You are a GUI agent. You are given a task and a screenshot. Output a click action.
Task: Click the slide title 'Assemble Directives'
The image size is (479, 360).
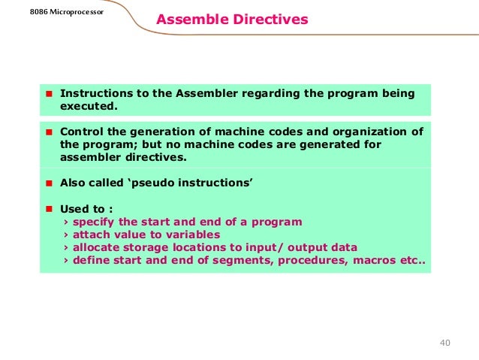pos(232,20)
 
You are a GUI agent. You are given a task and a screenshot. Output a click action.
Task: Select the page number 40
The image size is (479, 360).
pos(444,343)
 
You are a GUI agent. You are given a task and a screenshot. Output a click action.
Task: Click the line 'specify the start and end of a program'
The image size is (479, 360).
pos(187,222)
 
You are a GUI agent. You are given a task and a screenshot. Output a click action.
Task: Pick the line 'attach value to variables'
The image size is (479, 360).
pos(146,234)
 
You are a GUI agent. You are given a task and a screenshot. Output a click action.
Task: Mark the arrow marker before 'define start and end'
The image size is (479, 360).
pos(66,261)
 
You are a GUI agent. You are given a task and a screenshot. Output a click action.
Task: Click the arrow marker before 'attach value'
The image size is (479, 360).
pos(66,234)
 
